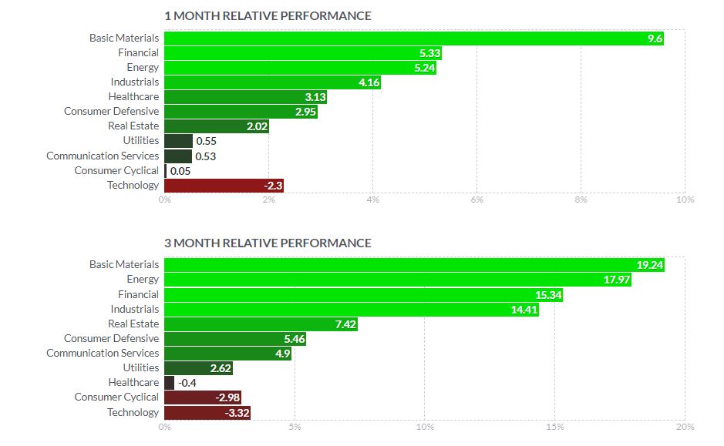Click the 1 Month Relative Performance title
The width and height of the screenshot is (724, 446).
[268, 16]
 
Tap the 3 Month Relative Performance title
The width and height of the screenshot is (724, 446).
[268, 243]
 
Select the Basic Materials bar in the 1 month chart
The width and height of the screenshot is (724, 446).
[413, 39]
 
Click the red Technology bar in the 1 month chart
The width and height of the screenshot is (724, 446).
[224, 186]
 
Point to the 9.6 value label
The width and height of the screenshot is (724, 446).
[655, 39]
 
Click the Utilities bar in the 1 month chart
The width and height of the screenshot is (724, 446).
[178, 141]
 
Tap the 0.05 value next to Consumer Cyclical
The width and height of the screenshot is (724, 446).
[180, 171]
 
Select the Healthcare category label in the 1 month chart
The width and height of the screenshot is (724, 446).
[133, 97]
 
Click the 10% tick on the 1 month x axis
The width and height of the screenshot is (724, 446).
[685, 200]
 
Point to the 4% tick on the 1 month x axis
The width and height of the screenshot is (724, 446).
[372, 200]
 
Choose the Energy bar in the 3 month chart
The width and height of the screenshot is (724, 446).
[397, 280]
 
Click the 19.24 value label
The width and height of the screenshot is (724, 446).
[649, 265]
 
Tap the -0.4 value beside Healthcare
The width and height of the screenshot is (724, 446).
[187, 383]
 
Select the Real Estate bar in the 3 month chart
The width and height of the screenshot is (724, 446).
[261, 324]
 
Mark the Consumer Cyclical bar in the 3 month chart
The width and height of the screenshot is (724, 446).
[203, 397]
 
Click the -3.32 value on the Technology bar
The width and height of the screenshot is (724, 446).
[234, 413]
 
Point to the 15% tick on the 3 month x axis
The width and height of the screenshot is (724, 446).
[554, 427]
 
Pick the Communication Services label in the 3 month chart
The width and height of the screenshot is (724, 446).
[103, 354]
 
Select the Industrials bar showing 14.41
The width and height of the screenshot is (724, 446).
[351, 310]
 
